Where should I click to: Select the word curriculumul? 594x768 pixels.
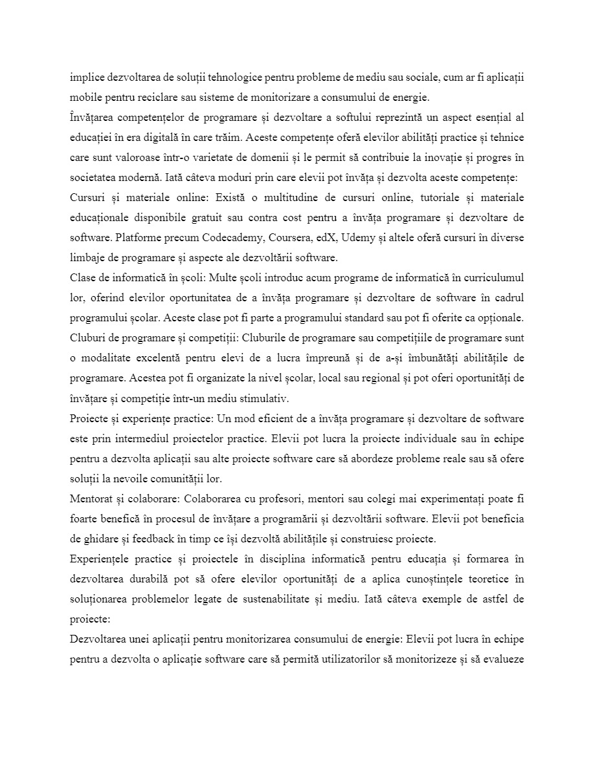tap(489, 277)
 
